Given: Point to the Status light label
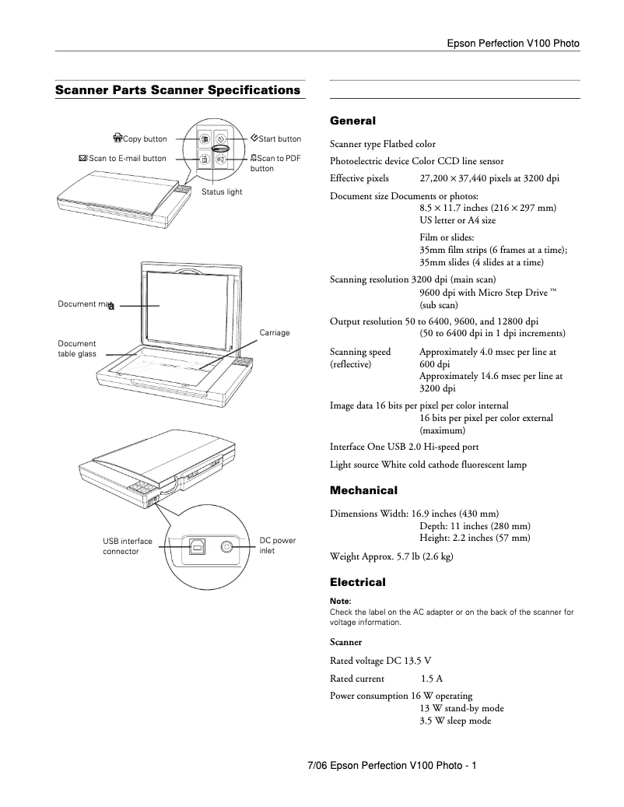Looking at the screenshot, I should point(222,191).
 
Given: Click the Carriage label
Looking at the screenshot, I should point(275,332).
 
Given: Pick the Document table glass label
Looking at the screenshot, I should point(77,349).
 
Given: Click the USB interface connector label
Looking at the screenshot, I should point(128,546).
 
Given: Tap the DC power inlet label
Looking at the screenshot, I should point(277,546).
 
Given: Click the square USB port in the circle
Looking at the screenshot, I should point(198,547).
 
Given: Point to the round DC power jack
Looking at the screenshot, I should point(226,547).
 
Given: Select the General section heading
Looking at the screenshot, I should point(352,121).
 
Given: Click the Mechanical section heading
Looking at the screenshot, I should point(363,490).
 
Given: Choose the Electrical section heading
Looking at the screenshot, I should point(358,582).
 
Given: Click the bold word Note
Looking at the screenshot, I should point(341,601).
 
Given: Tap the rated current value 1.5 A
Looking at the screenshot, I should point(433,679).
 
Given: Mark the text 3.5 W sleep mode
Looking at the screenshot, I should point(455,721).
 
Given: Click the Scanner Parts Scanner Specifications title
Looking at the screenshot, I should point(177,90).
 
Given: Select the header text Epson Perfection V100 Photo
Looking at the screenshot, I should point(513,44).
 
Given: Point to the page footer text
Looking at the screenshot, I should point(392,767).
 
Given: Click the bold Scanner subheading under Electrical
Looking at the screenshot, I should point(345,643).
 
